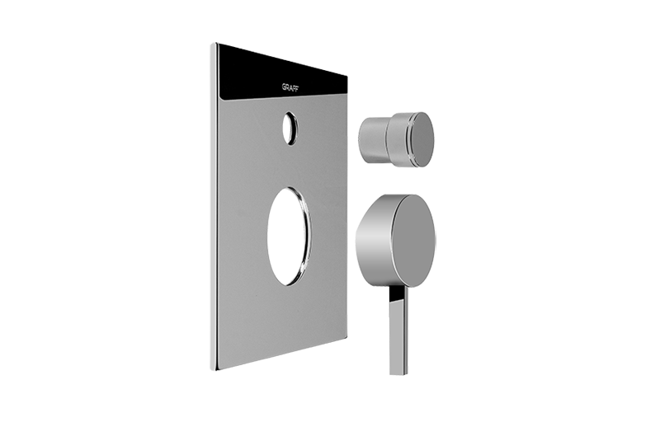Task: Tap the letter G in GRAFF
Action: click(x=283, y=87)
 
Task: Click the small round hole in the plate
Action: click(x=290, y=129)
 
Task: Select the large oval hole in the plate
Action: click(x=289, y=237)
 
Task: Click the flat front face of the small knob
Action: click(x=422, y=140)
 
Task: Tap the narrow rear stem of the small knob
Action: click(x=373, y=139)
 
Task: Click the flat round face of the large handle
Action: click(x=413, y=241)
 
